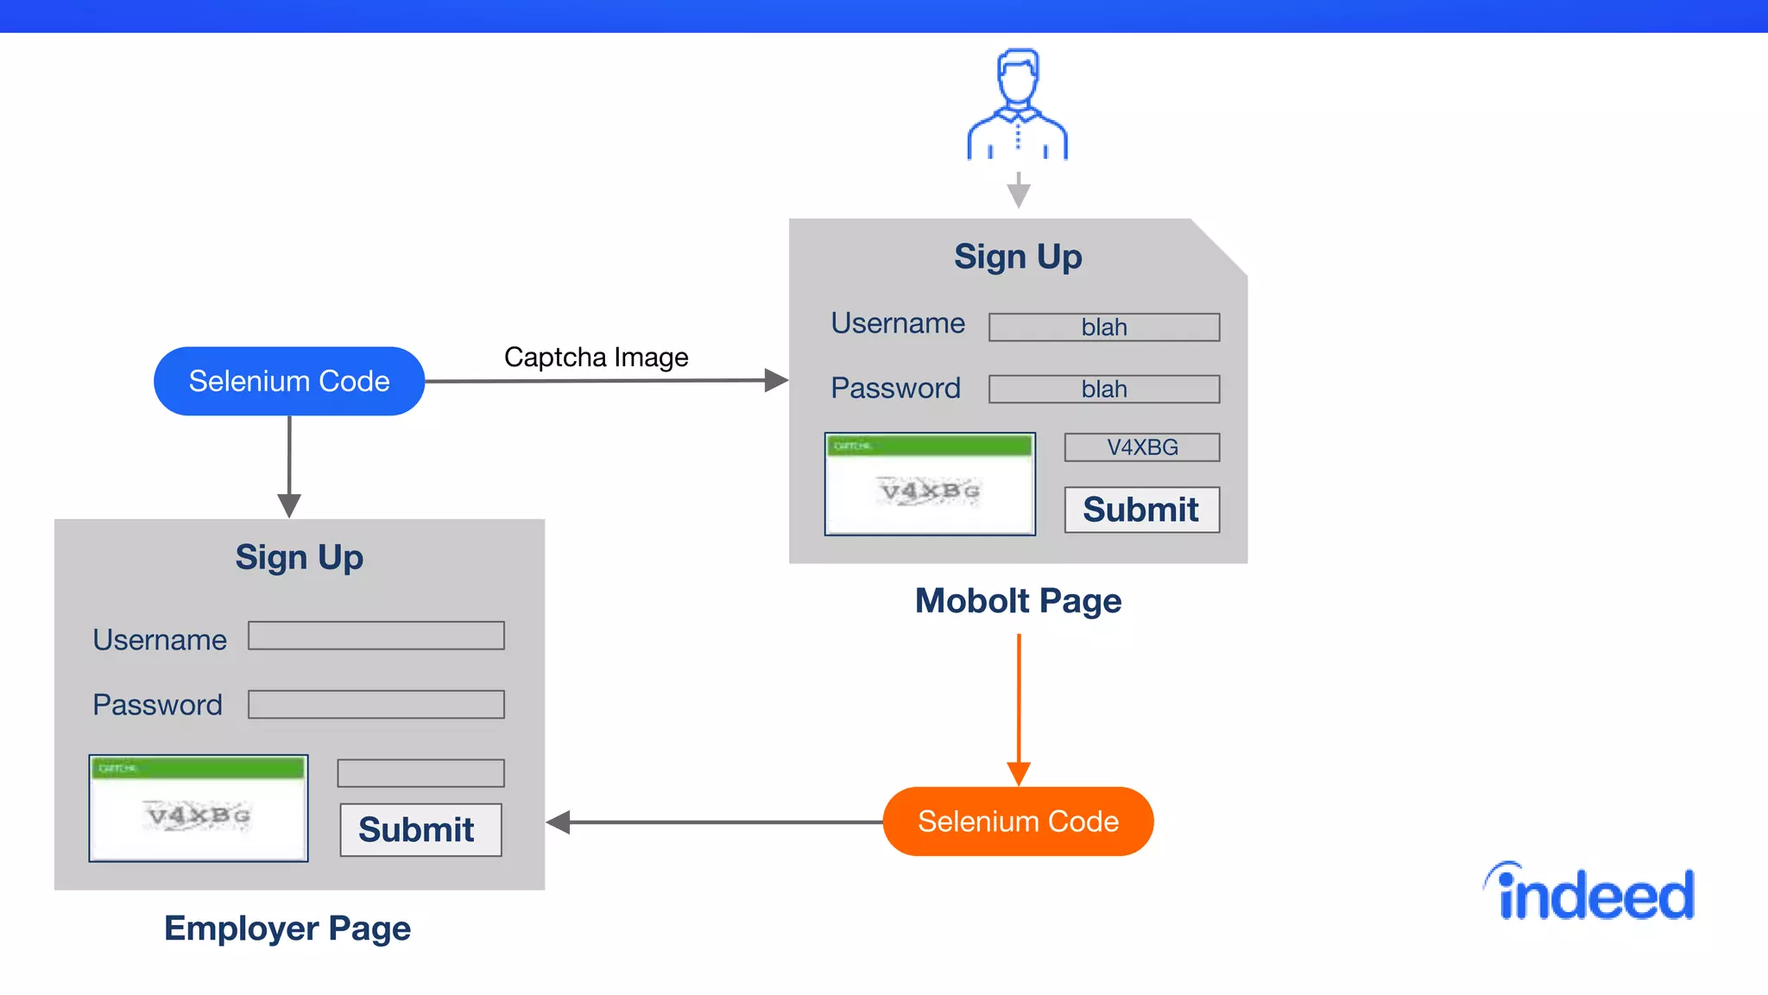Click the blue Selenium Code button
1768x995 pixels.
[289, 381]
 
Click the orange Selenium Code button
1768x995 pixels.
[1018, 821]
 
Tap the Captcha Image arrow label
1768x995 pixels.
[596, 357]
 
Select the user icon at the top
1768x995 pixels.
[1018, 105]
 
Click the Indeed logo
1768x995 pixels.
[1590, 893]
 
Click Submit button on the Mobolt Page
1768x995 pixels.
[1141, 510]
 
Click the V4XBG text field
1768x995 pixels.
[1141, 447]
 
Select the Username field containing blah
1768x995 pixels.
[1103, 327]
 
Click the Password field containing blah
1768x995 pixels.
[1103, 389]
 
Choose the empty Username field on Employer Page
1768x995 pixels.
[376, 636]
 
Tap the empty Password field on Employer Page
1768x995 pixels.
[376, 704]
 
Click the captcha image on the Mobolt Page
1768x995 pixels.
[930, 485]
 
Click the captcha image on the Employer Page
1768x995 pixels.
[199, 808]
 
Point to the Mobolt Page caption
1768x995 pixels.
[1018, 600]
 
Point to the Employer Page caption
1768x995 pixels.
[287, 928]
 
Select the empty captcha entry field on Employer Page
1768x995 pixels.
[420, 773]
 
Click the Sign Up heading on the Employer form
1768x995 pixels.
[300, 557]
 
